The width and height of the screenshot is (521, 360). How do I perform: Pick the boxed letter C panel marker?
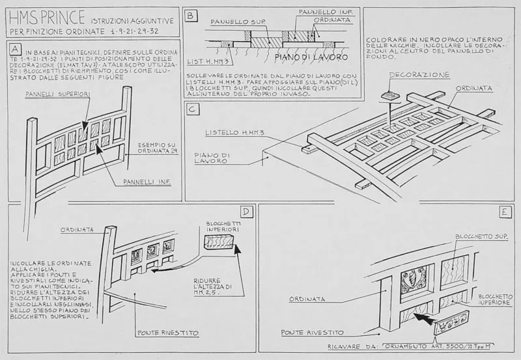[192, 109]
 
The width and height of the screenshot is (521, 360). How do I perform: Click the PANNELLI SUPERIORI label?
[57, 94]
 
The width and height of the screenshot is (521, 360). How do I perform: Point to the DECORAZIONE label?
[419, 76]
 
